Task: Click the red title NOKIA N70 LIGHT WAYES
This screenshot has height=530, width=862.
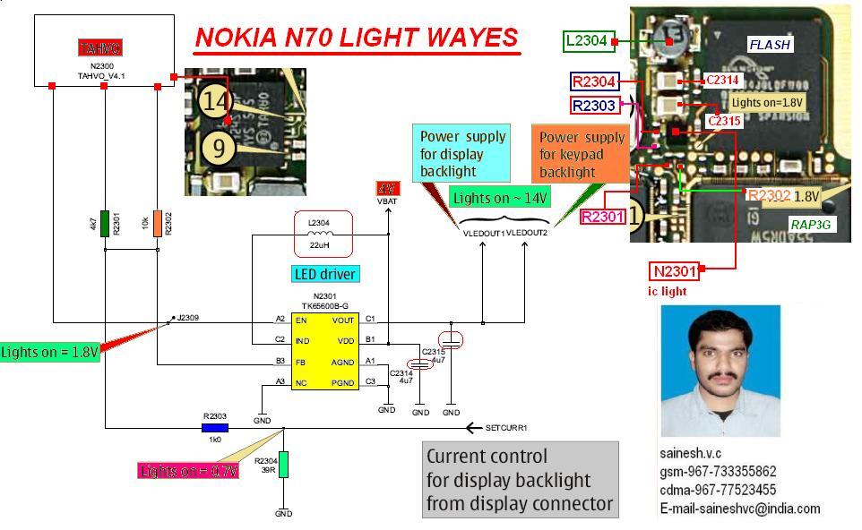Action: [x=356, y=38]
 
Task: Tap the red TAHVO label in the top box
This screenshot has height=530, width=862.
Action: [x=99, y=48]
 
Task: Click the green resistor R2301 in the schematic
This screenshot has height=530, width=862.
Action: [x=105, y=223]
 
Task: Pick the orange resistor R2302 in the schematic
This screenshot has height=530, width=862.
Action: [x=158, y=223]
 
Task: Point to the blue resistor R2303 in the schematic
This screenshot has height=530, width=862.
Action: [x=214, y=428]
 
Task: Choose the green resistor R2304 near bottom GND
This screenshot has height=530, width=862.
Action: [x=283, y=465]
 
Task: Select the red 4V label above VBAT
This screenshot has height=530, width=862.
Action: [x=388, y=189]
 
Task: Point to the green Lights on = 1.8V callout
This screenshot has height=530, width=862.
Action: [x=49, y=352]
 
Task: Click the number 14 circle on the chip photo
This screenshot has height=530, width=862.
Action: [x=216, y=100]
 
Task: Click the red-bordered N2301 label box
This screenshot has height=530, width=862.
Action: [x=675, y=271]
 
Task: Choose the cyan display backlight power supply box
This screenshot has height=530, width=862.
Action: [x=463, y=154]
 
